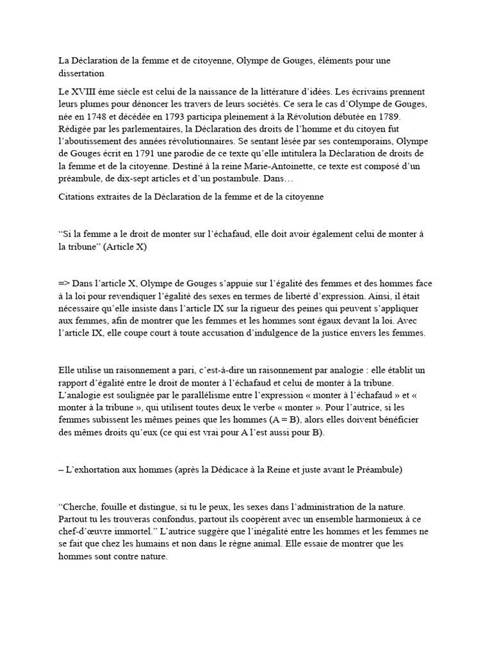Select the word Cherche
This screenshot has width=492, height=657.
[x=81, y=507]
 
